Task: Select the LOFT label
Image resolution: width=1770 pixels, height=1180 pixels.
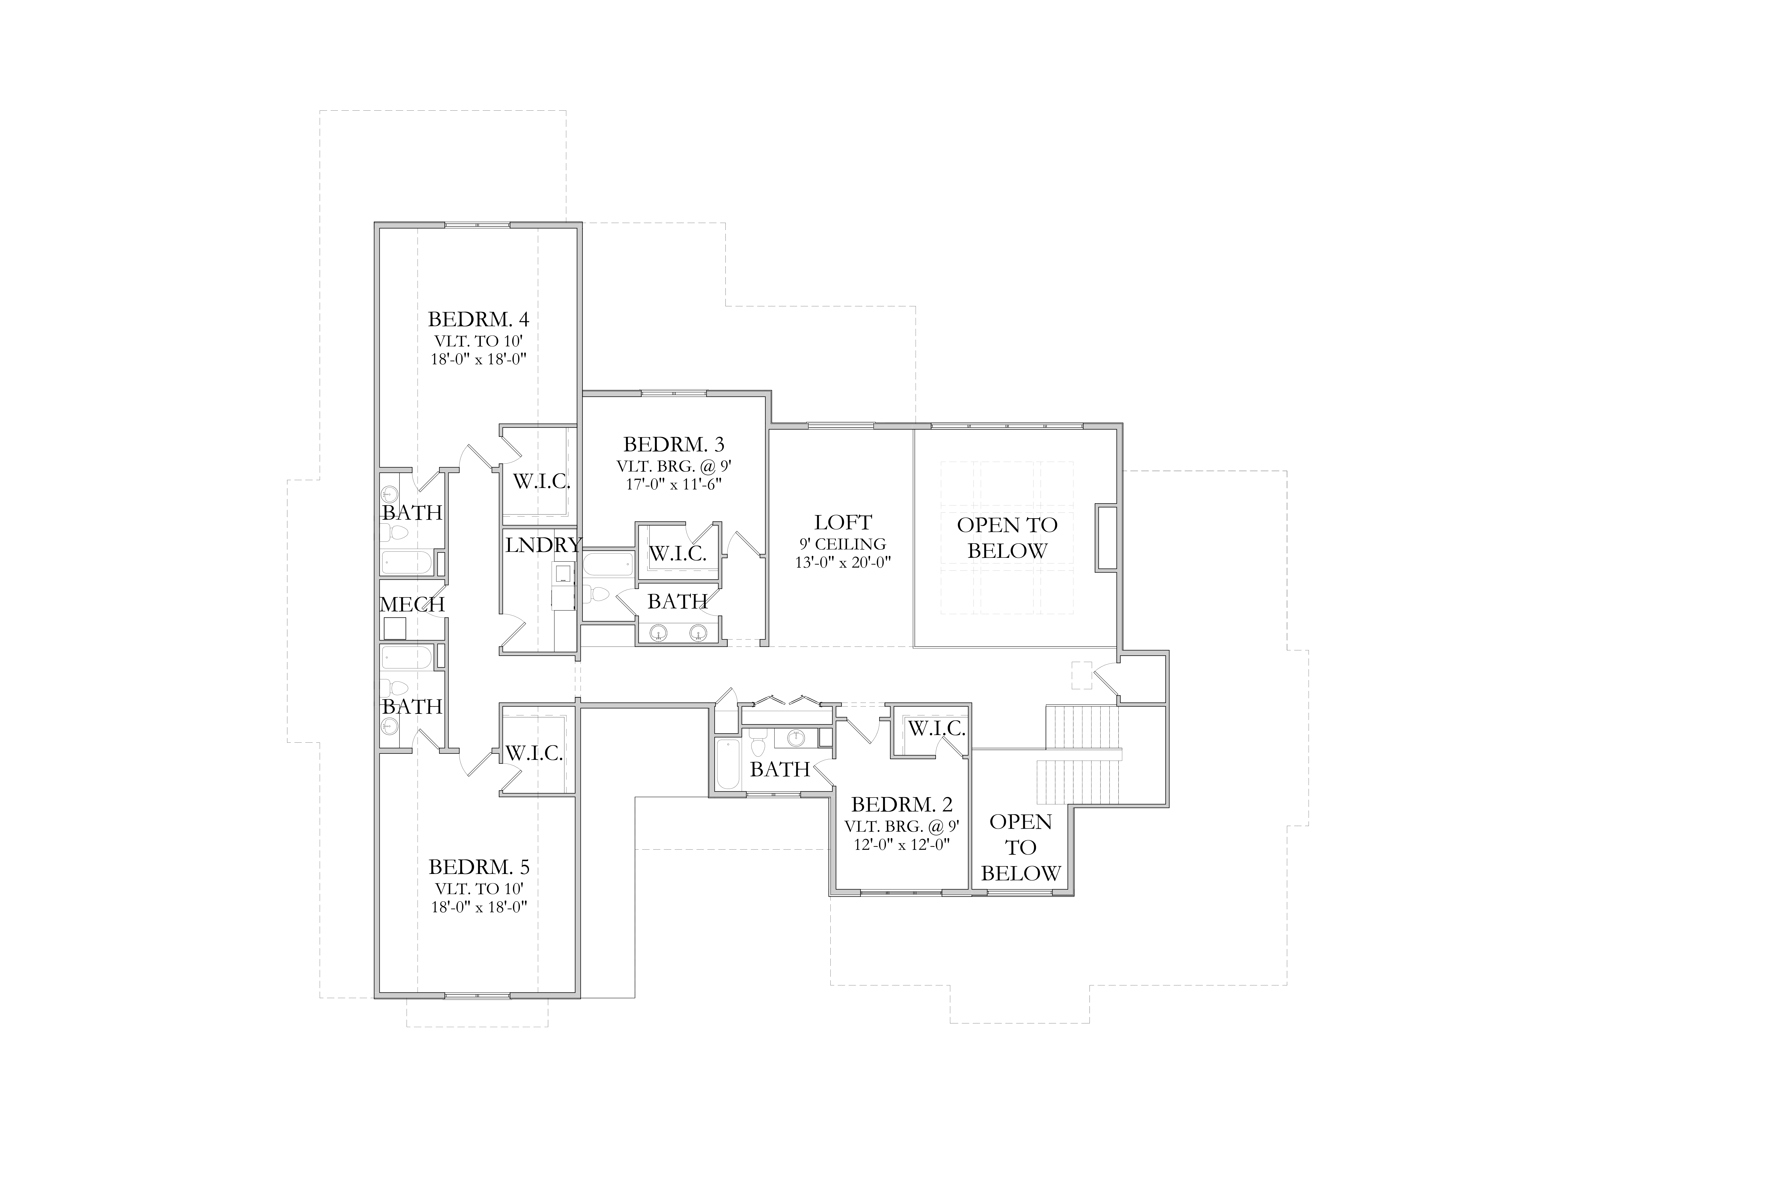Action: (843, 522)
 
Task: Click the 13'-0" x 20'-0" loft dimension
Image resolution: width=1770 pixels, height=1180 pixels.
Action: (843, 562)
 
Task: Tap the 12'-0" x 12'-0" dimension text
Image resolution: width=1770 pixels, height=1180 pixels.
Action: (901, 844)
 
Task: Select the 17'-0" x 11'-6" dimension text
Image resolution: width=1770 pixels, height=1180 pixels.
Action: (674, 484)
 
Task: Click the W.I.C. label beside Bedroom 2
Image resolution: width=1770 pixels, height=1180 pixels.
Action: (936, 728)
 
